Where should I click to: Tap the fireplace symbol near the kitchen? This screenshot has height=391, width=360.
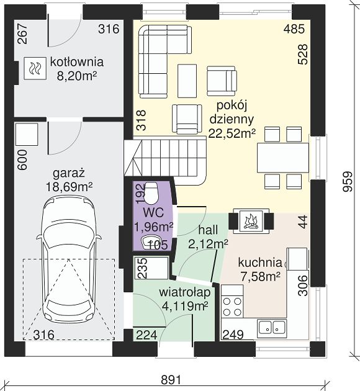click(251, 221)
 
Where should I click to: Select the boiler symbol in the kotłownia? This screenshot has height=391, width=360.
click(35, 68)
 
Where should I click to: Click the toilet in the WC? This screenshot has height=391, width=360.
click(151, 192)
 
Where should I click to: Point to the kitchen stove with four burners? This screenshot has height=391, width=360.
click(232, 301)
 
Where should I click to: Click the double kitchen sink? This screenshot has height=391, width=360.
click(272, 328)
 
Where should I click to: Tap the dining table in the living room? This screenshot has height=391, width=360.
click(283, 157)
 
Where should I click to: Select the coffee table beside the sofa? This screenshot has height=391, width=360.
click(187, 81)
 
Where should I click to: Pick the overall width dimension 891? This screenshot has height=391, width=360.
click(171, 380)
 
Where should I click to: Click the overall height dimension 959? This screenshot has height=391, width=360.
click(348, 181)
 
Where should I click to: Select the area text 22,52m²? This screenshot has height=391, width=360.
click(232, 133)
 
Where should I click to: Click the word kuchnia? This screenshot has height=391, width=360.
click(260, 263)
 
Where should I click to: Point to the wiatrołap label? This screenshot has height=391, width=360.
click(185, 292)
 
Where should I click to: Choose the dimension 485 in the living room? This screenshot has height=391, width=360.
click(294, 29)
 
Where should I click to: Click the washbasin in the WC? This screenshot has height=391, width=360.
click(149, 243)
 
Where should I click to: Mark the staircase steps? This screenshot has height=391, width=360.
click(166, 162)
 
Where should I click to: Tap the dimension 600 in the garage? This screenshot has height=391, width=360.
click(22, 160)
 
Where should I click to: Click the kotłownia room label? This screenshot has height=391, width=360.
click(77, 62)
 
